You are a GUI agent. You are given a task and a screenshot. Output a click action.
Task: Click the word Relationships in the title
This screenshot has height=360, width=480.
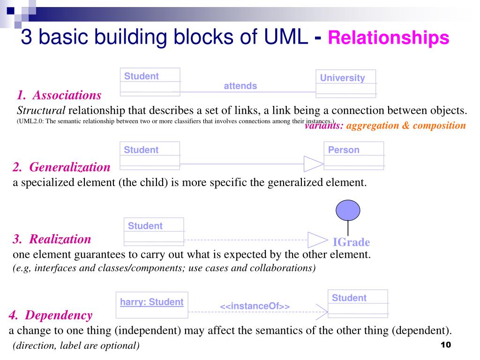[388, 38]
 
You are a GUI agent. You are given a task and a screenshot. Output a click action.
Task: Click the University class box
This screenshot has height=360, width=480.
[345, 83]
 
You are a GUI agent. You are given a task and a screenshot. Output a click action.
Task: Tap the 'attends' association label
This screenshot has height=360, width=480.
[240, 86]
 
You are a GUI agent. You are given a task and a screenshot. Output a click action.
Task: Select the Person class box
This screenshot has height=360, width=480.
[353, 155]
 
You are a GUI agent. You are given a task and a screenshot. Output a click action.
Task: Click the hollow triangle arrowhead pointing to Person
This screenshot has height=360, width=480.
[313, 164]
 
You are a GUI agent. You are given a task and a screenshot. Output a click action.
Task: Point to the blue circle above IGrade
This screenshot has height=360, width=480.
[348, 210]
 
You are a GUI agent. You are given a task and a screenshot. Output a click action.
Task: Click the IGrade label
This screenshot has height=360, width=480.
[351, 242]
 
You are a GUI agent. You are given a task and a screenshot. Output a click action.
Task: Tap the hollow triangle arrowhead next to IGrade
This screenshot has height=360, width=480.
[317, 240]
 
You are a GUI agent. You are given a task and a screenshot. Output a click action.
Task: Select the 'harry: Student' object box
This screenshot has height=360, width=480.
[151, 305]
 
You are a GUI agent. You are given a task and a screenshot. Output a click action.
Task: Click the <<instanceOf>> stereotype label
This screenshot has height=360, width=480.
[255, 306]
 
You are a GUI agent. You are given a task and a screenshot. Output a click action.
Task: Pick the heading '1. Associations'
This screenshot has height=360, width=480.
[59, 96]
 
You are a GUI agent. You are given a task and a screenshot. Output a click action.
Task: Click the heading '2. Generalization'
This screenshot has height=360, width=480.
[61, 167]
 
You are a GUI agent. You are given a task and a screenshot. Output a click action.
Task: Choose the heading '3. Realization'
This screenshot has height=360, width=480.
[52, 239]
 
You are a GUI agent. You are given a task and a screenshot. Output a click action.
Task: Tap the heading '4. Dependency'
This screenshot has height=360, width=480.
[51, 315]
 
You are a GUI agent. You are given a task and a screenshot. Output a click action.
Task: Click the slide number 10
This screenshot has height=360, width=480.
[445, 345]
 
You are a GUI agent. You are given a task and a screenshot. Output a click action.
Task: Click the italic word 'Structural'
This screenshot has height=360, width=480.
[41, 111]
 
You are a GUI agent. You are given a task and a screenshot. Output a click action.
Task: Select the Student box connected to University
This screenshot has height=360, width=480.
[150, 82]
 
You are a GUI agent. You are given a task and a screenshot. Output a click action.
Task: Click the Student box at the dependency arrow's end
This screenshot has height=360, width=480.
[358, 304]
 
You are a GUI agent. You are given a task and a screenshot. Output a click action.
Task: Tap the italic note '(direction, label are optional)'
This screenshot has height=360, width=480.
[76, 346]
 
